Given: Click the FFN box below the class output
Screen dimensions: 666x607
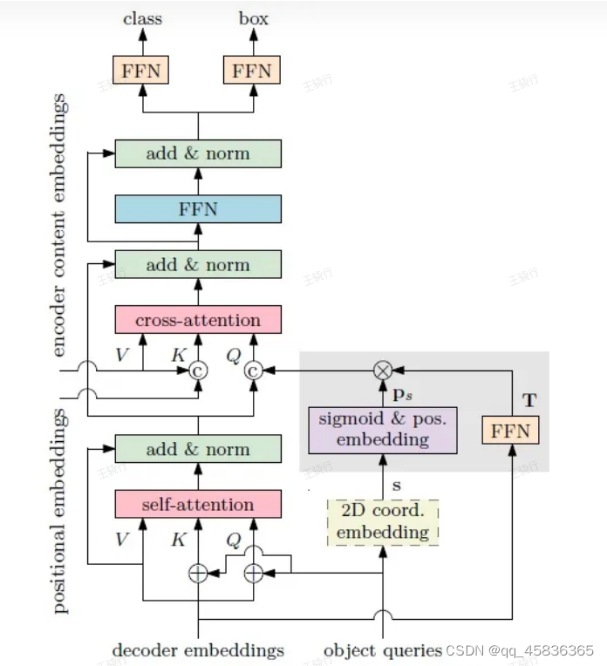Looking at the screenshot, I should [141, 71].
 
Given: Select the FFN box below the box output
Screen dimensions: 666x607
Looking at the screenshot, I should [252, 71].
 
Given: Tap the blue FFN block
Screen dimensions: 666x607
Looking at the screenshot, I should [198, 209].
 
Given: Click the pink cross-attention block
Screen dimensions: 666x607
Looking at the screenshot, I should [198, 320].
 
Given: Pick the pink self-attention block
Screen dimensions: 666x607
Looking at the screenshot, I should [198, 504].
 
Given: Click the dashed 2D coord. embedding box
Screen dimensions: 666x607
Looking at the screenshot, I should [383, 522].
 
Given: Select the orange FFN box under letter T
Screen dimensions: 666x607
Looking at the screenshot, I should [511, 431].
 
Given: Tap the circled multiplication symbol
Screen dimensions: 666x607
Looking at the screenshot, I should [383, 370].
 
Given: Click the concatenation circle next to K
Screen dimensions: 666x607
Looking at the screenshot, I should [199, 371].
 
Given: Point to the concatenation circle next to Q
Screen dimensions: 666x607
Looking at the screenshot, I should [254, 371].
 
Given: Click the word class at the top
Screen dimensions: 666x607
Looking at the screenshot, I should [141, 17].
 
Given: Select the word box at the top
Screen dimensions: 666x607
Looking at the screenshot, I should [253, 17].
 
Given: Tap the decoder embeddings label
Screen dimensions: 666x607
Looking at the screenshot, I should [198, 650].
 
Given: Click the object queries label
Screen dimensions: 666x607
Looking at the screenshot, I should [383, 650].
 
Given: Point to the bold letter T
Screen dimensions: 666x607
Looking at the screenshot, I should [529, 401].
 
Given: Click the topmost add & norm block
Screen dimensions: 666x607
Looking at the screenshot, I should [198, 153].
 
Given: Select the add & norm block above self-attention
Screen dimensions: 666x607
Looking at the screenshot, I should [198, 450].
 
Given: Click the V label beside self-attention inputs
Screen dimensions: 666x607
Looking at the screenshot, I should [121, 540].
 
